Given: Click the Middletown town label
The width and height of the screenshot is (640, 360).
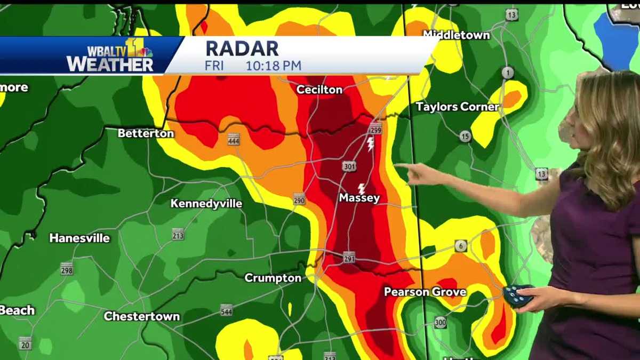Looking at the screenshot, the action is point(456,35).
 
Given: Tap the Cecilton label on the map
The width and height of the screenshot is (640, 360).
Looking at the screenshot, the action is point(319,90).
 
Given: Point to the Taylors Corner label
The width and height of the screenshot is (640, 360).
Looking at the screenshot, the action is point(457,107).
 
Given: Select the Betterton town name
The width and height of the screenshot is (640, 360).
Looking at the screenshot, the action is point(146,133).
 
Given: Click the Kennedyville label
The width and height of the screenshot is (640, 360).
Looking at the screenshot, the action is point(206,204).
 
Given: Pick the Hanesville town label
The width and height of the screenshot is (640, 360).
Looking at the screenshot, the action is point(79,238).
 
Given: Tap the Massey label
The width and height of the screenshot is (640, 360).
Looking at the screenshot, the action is point(359,198).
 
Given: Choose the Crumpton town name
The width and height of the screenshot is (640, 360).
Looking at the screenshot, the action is point(273,278).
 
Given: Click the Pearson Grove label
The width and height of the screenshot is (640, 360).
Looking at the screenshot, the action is point(425,292).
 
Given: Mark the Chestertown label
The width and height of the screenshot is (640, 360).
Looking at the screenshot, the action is point(141,316).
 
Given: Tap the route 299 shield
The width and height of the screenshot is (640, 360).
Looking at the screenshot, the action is point(375,129).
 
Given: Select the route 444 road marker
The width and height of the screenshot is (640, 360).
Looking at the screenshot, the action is point(234,140).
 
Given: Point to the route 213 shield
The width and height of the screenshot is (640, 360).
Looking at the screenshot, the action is point(178,234).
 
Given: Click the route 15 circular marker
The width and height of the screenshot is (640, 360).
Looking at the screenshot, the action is point(465,137).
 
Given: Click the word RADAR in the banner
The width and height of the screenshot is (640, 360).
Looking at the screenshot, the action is point(242,49).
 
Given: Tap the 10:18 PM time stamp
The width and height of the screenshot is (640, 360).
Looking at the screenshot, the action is point(273,66).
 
